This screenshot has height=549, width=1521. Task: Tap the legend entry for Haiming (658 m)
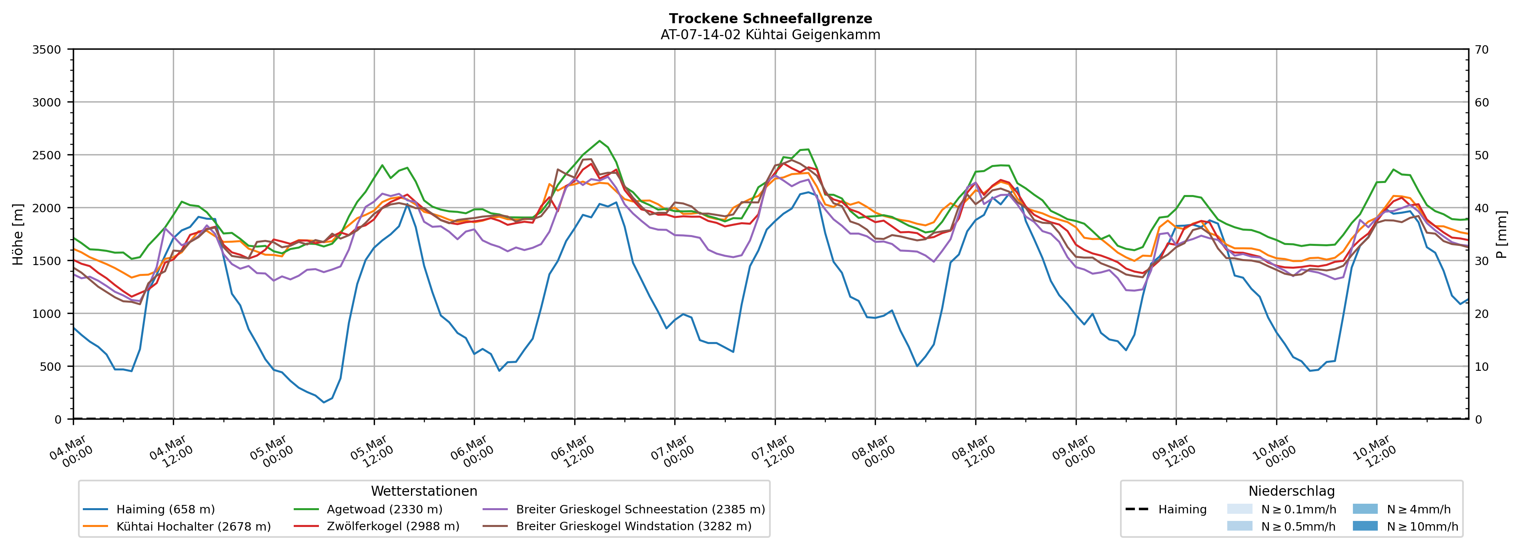point(165,509)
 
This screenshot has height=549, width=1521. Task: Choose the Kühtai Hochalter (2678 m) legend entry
point(193,527)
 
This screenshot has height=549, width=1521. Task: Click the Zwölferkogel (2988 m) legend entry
point(393,527)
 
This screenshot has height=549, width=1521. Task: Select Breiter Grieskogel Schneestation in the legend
point(640,509)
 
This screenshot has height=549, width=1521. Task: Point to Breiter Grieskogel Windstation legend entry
point(633,527)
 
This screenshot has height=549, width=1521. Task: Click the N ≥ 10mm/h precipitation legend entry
point(1422,527)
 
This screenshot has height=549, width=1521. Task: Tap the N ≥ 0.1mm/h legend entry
point(1298,509)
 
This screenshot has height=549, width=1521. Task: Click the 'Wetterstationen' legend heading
point(424,491)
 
